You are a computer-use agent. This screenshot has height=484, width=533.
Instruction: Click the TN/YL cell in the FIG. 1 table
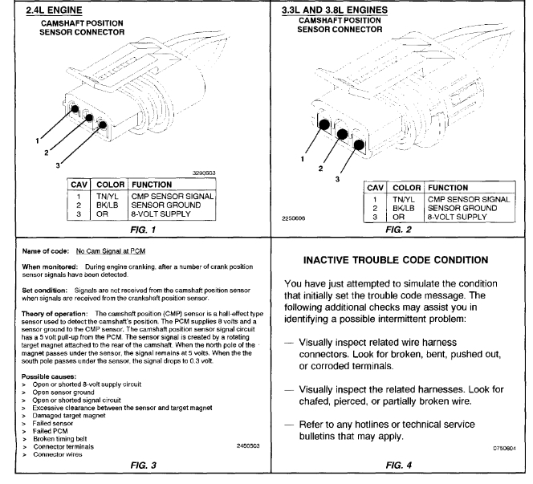[106, 195]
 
